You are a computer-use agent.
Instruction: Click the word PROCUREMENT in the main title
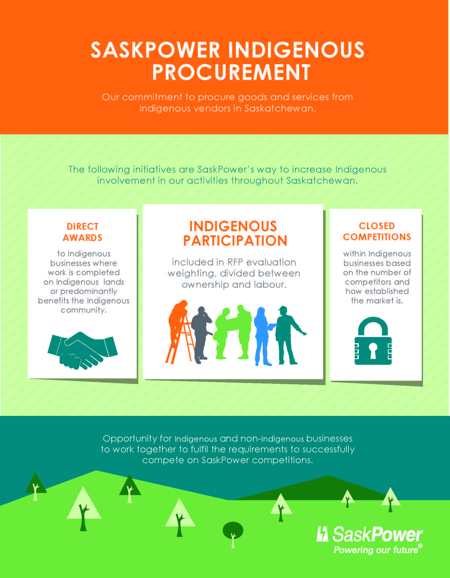[231, 72]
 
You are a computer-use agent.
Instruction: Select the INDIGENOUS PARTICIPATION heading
[235, 234]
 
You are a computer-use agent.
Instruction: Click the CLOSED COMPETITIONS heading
[377, 231]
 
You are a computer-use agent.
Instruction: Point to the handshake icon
[82, 350]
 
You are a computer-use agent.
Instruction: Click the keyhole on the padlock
[373, 350]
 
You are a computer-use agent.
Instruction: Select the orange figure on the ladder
[178, 332]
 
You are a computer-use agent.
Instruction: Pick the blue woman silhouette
[263, 336]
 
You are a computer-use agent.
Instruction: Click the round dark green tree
[233, 530]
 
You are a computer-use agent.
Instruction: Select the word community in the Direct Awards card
[83, 310]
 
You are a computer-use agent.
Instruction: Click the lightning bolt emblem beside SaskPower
[322, 534]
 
